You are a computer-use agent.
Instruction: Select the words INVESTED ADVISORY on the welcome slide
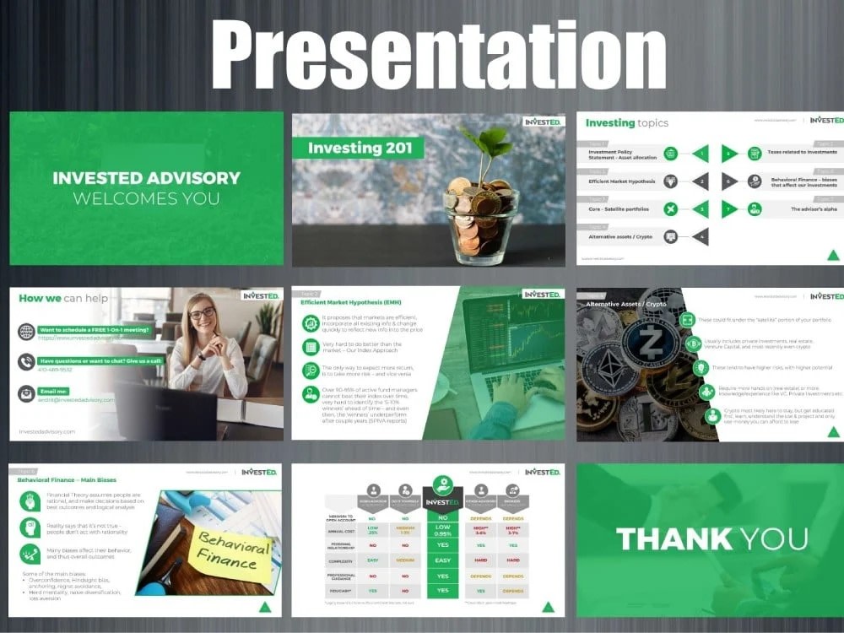146,178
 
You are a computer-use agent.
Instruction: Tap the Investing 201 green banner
359,149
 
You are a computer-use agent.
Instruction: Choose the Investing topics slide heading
626,123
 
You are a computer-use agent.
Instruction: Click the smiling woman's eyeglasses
202,313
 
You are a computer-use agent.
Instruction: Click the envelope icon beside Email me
26,393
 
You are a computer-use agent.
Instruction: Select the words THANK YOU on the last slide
711,538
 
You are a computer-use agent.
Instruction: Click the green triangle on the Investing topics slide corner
832,255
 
